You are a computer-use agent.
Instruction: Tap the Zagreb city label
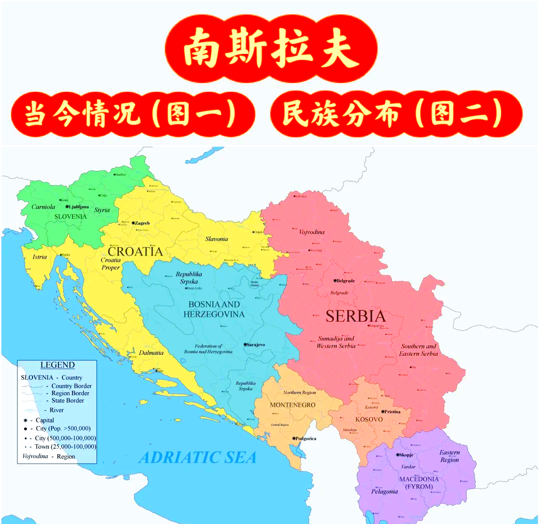coord(142,223)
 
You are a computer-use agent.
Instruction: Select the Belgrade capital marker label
coord(345,281)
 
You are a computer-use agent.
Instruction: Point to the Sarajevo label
coord(256,345)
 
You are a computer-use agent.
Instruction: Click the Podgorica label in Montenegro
coord(306,439)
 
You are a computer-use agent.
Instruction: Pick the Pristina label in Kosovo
coord(392,412)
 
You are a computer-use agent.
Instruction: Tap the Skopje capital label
coord(406,455)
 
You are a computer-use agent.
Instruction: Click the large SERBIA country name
coord(355,316)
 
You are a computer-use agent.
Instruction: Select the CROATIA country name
coord(135,251)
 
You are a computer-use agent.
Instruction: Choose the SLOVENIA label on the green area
coord(70,217)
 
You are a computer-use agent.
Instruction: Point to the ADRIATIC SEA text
coord(197,457)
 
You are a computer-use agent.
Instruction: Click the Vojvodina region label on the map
coord(311,232)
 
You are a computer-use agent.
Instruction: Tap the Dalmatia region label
coord(151,353)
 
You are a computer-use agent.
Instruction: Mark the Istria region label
coord(39,257)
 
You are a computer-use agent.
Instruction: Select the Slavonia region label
coord(217,239)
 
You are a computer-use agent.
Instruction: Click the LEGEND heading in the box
coord(57,365)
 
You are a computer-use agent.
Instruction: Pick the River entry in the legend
coord(56,410)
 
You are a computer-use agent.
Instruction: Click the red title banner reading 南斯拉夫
coord(271,49)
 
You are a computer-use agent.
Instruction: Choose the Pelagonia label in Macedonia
coord(384,492)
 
